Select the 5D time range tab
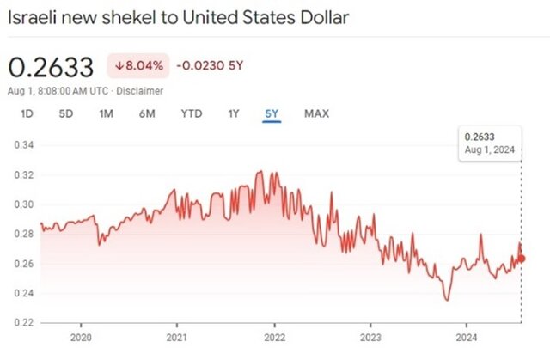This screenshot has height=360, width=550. pyautogui.click(x=65, y=113)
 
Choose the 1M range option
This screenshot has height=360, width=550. pyautogui.click(x=106, y=113)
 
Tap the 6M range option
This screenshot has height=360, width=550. pyautogui.click(x=147, y=113)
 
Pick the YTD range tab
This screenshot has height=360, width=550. pyautogui.click(x=190, y=113)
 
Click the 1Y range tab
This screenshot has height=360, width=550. pyautogui.click(x=234, y=113)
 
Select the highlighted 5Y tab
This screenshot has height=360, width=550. pyautogui.click(x=272, y=113)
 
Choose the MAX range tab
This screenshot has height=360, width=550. pyautogui.click(x=316, y=113)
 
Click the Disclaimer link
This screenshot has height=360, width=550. pyautogui.click(x=140, y=90)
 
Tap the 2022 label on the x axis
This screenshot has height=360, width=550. pyautogui.click(x=274, y=337)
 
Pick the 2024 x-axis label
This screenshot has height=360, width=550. pyautogui.click(x=467, y=337)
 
